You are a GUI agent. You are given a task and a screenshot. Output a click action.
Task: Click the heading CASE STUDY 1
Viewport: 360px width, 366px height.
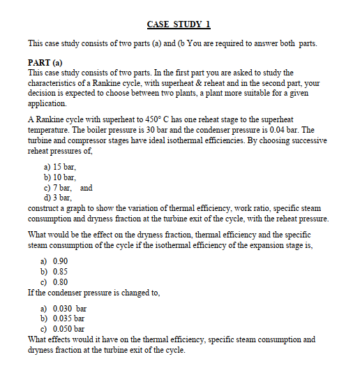click(180, 24)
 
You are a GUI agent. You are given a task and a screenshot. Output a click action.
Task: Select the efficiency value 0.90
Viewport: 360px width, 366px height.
click(61, 260)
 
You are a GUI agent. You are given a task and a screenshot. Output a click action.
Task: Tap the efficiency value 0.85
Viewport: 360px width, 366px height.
click(61, 270)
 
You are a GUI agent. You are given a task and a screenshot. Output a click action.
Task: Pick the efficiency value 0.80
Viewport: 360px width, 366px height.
click(61, 281)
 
